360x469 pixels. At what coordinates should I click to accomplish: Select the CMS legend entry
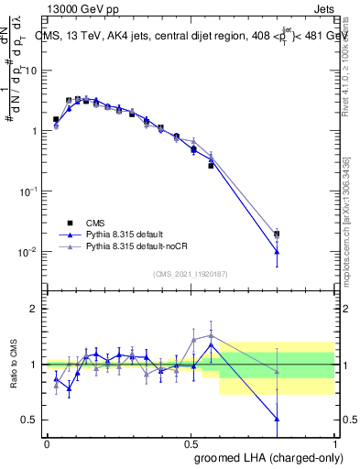click(95, 222)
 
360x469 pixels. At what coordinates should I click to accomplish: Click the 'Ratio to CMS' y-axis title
click(16, 365)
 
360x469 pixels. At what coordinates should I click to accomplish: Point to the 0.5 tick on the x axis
click(191, 442)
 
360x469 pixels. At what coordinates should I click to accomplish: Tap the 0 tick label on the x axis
click(47, 442)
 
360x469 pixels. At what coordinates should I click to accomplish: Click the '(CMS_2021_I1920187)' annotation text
click(191, 274)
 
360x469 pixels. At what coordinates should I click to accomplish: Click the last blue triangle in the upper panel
click(277, 252)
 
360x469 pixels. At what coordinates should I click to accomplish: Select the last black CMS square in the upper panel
click(277, 234)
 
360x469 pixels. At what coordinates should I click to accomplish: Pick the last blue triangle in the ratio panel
click(277, 419)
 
